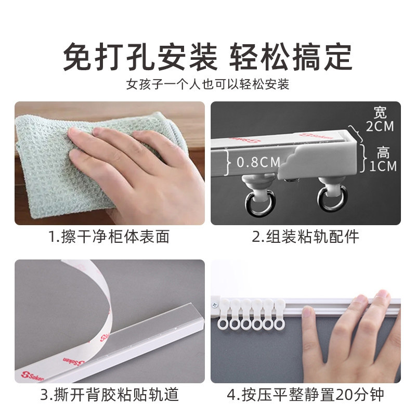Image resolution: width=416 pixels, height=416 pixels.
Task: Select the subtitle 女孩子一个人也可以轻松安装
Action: [x=207, y=84]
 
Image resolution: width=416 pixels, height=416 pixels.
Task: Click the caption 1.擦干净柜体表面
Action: [x=109, y=237]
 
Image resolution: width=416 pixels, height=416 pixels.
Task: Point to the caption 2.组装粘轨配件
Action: [x=306, y=237]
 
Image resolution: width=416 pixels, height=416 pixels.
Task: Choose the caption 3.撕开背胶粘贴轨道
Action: [x=109, y=395]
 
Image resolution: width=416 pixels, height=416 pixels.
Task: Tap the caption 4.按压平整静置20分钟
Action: [x=306, y=395]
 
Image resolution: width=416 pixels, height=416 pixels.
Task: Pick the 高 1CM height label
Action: [x=384, y=159]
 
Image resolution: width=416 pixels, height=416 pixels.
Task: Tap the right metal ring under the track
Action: [x=329, y=201]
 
